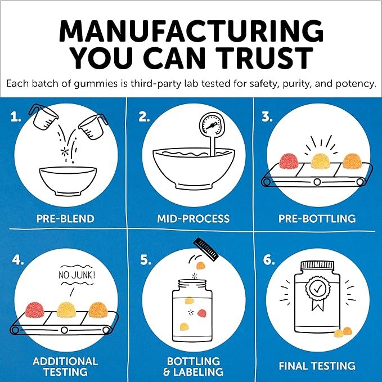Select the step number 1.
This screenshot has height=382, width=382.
coord(16,117)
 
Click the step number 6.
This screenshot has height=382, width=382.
coord(269,260)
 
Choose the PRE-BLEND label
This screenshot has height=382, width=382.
coord(65,218)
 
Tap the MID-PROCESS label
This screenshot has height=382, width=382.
coord(193,218)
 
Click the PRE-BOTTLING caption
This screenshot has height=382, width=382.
coord(317,218)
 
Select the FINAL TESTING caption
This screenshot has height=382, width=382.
coord(317,366)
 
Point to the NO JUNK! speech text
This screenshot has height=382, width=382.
coord(77,275)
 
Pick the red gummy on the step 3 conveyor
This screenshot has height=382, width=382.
coord(289,161)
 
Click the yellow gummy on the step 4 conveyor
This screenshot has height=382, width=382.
coord(66,310)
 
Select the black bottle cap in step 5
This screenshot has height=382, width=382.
coord(206,249)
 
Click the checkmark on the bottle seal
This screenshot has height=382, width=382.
coord(317,289)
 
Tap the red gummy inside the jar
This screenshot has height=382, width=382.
coord(202,313)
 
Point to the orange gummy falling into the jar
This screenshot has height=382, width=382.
coord(200,266)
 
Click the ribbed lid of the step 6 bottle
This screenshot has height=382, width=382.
coord(317,266)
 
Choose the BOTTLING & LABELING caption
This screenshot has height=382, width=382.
coord(193,366)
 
